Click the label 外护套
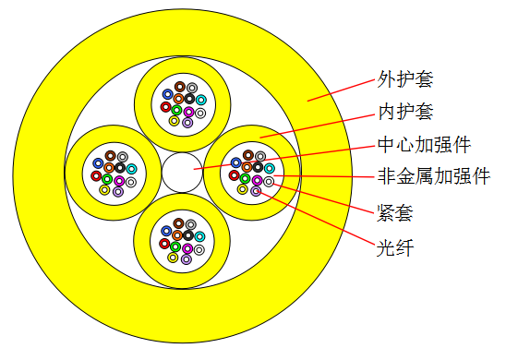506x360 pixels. pyautogui.click(x=405, y=78)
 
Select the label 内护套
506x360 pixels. pyautogui.click(x=405, y=112)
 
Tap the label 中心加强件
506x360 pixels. pyautogui.click(x=424, y=145)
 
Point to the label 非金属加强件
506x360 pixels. pyautogui.click(x=433, y=176)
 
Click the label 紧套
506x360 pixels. pyautogui.click(x=395, y=212)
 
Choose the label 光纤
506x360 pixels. pyautogui.click(x=395, y=247)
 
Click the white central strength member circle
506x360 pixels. pyautogui.click(x=182, y=173)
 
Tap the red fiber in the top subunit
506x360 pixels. pyautogui.click(x=166, y=107)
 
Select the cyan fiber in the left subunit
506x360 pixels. pyautogui.click(x=132, y=169)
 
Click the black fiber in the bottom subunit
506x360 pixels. pyautogui.click(x=188, y=235)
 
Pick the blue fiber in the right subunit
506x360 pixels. pyautogui.click(x=236, y=162)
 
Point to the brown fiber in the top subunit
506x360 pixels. pyautogui.click(x=180, y=87)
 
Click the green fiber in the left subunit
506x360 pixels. pyautogui.click(x=107, y=179)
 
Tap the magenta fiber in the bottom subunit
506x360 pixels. pyautogui.click(x=187, y=248)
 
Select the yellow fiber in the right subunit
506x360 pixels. pyautogui.click(x=242, y=189)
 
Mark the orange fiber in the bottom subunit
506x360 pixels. pyautogui.click(x=177, y=235)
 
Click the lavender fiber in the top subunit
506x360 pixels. pyautogui.click(x=187, y=123)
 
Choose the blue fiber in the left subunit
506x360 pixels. pyautogui.click(x=98, y=163)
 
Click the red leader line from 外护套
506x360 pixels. pyautogui.click(x=342, y=90)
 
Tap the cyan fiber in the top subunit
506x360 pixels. pyautogui.click(x=201, y=100)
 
